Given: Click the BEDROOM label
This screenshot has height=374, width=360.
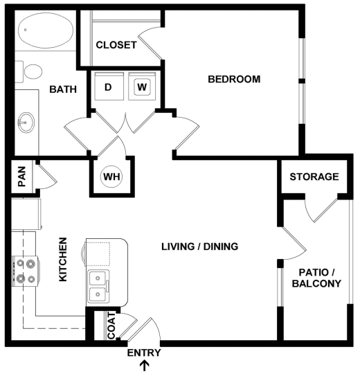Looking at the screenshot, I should click(x=234, y=79).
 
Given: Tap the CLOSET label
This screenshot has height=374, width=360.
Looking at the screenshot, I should click(x=116, y=45).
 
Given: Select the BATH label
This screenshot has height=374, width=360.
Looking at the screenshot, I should click(x=62, y=89).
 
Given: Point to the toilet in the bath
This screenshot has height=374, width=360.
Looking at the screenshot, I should click(x=33, y=70).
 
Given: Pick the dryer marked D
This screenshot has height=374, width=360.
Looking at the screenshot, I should click(x=108, y=87).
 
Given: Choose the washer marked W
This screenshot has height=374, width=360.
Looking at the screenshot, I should click(x=142, y=87).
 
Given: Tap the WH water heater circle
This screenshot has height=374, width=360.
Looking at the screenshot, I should click(x=112, y=176).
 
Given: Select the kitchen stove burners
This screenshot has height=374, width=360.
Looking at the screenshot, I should click(x=25, y=271).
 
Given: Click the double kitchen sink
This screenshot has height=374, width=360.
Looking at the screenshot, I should click(x=99, y=286).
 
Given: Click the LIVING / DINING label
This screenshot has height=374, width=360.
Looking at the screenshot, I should click(x=199, y=247).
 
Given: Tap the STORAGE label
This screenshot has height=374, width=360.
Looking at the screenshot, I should click(x=314, y=177).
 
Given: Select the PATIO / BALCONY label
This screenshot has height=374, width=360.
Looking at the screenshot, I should click(x=316, y=278).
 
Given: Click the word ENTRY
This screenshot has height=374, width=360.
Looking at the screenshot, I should click(x=144, y=353).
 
